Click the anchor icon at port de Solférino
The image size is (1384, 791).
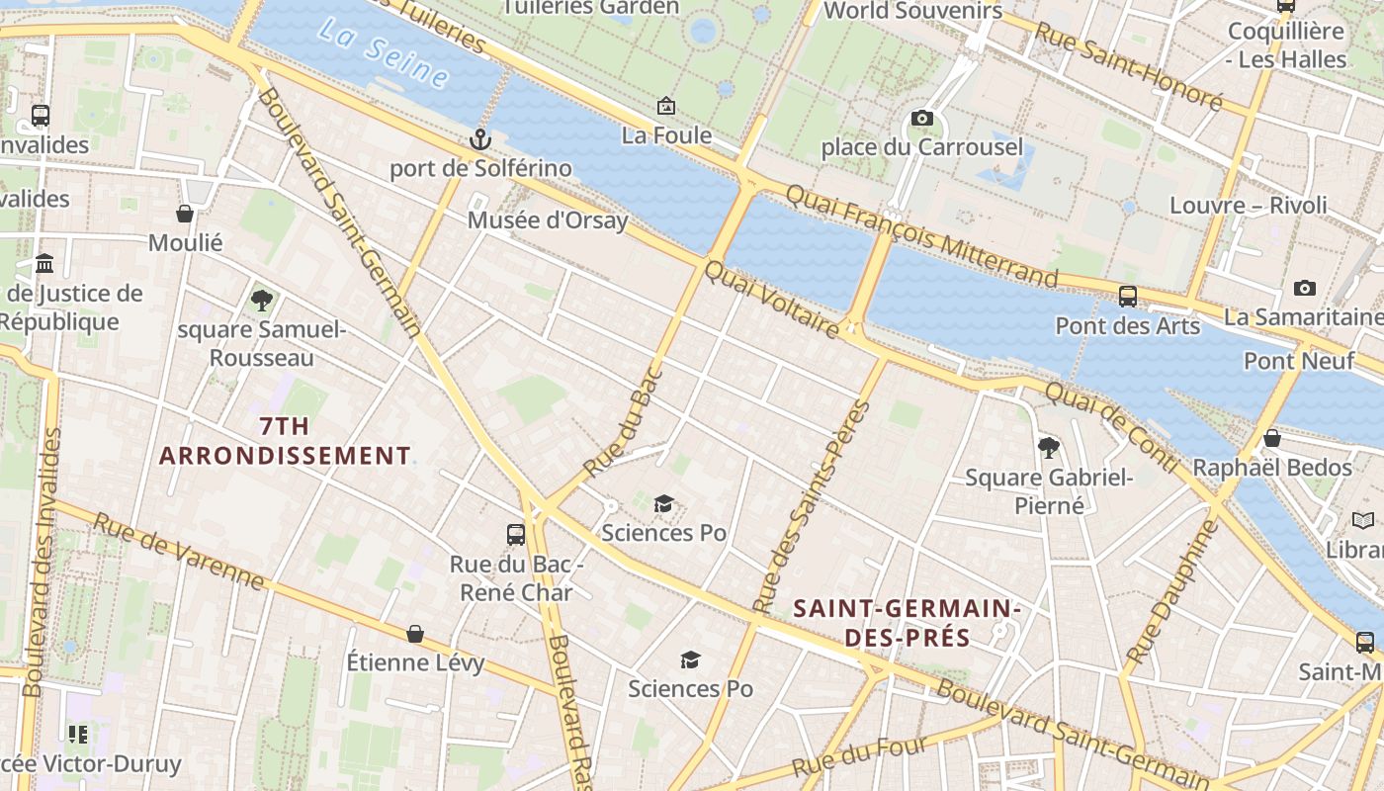[480, 139]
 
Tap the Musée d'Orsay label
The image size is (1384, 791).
[548, 220]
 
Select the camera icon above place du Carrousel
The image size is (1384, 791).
[921, 119]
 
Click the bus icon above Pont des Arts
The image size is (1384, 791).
[1127, 296]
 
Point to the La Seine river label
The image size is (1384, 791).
[384, 52]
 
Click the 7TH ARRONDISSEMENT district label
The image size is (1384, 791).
[285, 441]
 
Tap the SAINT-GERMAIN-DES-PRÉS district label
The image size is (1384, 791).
[907, 623]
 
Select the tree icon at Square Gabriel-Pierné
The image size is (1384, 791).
[1049, 449]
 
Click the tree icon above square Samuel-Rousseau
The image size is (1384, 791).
[262, 300]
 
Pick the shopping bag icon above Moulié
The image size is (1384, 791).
[185, 214]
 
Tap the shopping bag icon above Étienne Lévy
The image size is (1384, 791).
[415, 633]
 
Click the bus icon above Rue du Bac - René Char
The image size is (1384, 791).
[516, 535]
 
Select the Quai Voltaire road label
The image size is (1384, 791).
[772, 298]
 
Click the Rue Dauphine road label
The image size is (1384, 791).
[1173, 591]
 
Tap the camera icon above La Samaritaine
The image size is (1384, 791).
[1305, 288]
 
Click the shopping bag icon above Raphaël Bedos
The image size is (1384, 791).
[1272, 438]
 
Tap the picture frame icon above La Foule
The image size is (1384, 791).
[666, 106]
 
